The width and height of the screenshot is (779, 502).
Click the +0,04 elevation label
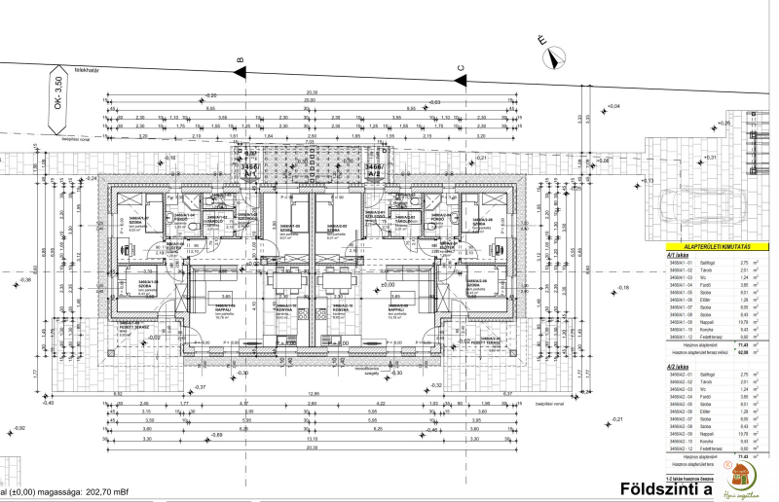(x=612, y=105)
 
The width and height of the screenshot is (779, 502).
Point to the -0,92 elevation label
(x=19, y=428)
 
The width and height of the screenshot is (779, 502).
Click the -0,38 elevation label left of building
(x=24, y=280)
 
